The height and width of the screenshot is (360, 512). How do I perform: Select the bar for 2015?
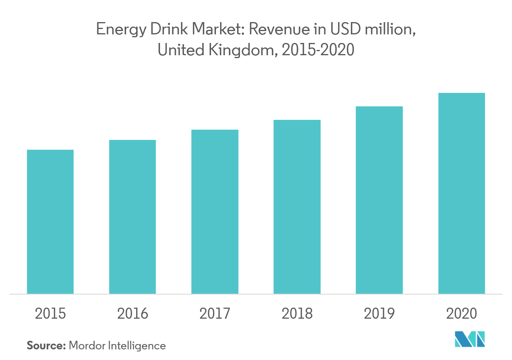pyautogui.click(x=50, y=222)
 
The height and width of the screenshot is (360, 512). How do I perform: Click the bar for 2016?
pyautogui.click(x=132, y=217)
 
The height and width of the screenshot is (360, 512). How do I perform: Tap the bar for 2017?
pyautogui.click(x=215, y=212)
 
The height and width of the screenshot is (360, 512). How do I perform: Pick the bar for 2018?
pyautogui.click(x=297, y=207)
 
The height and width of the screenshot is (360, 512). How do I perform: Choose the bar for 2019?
pyautogui.click(x=379, y=200)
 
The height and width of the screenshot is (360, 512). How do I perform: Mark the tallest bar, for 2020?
pyautogui.click(x=462, y=193)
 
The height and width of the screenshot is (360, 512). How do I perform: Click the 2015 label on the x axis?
pyautogui.click(x=50, y=314)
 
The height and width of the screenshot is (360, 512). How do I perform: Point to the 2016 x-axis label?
pyautogui.click(x=132, y=314)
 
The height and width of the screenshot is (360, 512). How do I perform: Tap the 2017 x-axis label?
pyautogui.click(x=215, y=314)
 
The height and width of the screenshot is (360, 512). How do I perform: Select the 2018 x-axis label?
pyautogui.click(x=297, y=314)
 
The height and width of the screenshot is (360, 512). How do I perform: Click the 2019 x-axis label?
pyautogui.click(x=379, y=314)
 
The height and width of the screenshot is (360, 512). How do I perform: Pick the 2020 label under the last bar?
pyautogui.click(x=462, y=314)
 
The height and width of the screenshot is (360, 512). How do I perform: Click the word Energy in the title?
pyautogui.click(x=121, y=30)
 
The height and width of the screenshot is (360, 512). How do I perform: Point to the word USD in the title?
pyautogui.click(x=346, y=29)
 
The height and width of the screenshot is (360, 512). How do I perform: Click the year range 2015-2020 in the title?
pyautogui.click(x=318, y=50)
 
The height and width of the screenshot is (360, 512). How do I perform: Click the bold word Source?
pyautogui.click(x=46, y=345)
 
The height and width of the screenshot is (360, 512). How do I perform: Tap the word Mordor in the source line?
pyautogui.click(x=86, y=345)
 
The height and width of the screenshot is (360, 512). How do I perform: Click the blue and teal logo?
pyautogui.click(x=470, y=339)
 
